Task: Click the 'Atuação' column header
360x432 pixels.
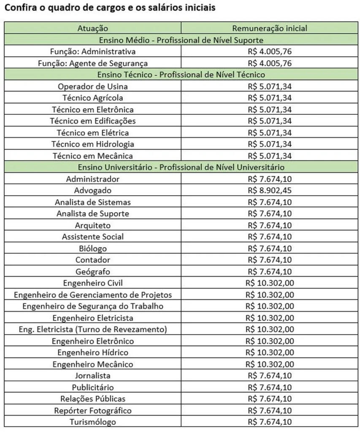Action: [93, 29]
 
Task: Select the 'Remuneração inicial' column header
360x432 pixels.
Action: [270, 29]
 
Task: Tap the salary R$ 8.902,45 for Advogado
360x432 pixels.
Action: [270, 190]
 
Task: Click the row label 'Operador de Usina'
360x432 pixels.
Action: [93, 86]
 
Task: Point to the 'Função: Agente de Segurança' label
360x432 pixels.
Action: [93, 63]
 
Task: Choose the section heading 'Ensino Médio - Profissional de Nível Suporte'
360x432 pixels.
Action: [181, 40]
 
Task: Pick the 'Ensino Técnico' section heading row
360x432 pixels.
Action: [181, 75]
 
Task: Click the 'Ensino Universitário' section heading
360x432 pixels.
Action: [181, 167]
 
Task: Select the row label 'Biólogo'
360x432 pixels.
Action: [93, 248]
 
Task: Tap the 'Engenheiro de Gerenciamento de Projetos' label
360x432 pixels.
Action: [93, 294]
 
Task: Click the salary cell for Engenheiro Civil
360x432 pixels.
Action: [270, 283]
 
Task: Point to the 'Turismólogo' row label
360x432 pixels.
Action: [93, 421]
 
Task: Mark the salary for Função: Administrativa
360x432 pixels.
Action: [270, 52]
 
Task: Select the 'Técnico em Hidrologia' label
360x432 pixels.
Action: [93, 144]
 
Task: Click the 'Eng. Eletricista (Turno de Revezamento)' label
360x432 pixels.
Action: [93, 329]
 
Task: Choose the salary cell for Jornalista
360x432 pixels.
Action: [270, 375]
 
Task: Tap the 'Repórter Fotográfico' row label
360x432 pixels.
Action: [93, 410]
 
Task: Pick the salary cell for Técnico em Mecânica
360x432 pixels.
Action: [270, 156]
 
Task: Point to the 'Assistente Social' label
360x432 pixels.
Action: [93, 237]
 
